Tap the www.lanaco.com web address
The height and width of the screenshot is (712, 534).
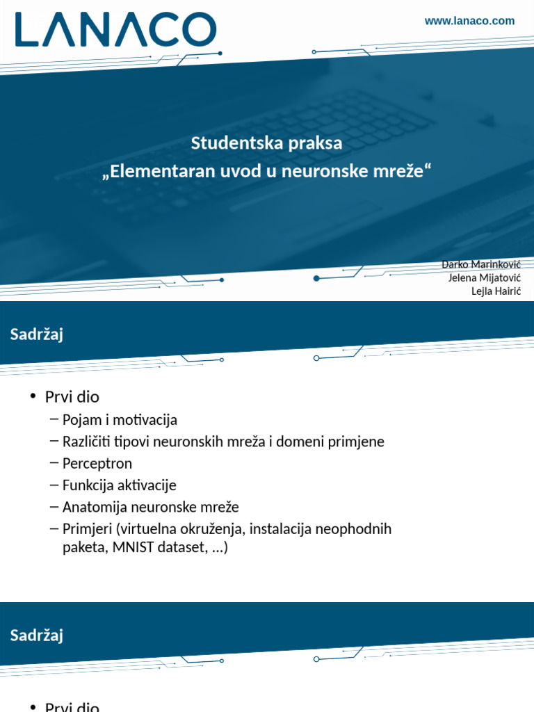[x=469, y=21]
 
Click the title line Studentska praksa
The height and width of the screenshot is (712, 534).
[x=267, y=144]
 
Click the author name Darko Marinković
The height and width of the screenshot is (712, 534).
[x=481, y=264]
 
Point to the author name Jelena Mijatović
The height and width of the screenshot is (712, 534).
[x=485, y=277]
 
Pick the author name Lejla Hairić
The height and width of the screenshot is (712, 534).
[x=496, y=291]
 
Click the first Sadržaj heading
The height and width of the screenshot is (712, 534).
[x=37, y=334]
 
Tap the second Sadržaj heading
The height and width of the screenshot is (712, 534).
[x=37, y=635]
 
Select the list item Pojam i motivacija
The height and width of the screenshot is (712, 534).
[x=120, y=420]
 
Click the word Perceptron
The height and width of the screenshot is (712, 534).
[x=97, y=463]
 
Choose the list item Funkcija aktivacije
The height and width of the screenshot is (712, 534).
[x=120, y=485]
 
